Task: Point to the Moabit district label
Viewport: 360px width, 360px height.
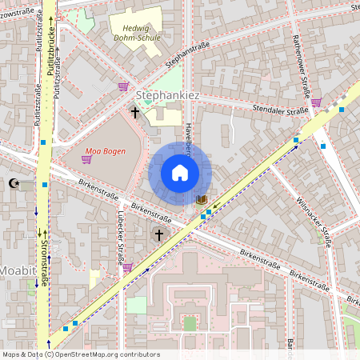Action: [18, 270]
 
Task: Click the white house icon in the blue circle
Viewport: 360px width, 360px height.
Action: [180, 173]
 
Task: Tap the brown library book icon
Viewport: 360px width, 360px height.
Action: [201, 198]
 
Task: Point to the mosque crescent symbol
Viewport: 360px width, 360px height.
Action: [12, 184]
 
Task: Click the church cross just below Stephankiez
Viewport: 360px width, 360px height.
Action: [134, 114]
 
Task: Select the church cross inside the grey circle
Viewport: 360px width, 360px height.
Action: [159, 235]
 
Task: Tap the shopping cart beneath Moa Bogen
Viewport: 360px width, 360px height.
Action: [86, 159]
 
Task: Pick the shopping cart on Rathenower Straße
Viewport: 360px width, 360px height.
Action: [316, 102]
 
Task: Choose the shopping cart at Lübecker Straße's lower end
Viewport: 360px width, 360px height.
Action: [127, 267]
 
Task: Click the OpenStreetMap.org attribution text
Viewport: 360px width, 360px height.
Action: [80, 354]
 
